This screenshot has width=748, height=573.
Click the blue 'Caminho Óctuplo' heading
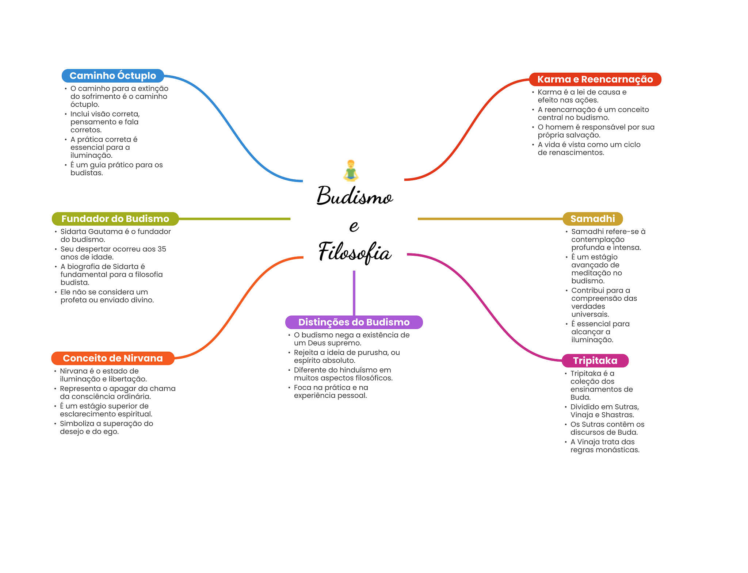point(112,76)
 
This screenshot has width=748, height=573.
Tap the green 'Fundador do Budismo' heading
point(115,219)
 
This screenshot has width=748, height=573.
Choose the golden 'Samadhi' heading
point(592,219)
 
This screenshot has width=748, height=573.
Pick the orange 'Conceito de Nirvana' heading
point(112,358)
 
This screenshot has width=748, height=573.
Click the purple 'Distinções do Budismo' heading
point(354,322)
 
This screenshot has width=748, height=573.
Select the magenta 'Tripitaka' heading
point(595,361)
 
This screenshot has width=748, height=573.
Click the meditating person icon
point(351,170)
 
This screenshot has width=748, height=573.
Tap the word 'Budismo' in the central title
point(354,196)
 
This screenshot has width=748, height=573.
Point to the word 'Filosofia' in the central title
point(354,252)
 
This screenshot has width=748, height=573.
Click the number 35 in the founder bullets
point(162,249)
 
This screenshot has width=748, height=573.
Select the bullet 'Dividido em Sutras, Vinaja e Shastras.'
point(604,411)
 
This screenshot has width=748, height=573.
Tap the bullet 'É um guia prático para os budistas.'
point(116,169)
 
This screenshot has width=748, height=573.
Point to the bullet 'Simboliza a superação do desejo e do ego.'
point(106,428)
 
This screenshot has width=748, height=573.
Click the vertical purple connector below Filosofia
point(354,292)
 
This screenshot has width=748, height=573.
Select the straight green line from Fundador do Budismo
point(234,219)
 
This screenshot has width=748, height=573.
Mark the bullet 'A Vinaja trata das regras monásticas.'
point(604,446)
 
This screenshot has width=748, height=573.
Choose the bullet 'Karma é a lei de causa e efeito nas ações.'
point(581,96)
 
